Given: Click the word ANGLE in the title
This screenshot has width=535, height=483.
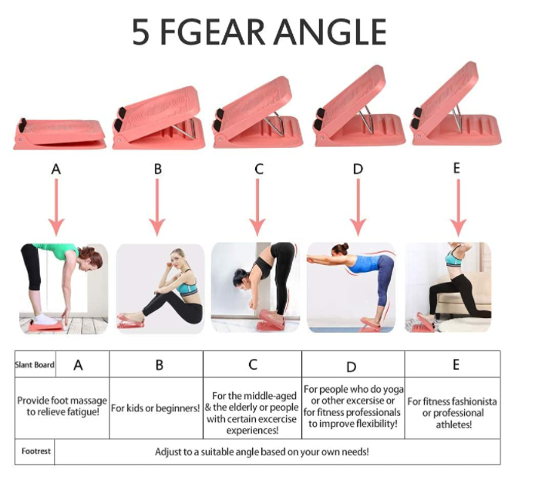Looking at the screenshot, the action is tap(330, 32).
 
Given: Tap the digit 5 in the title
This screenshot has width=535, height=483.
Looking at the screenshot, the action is tap(140, 32).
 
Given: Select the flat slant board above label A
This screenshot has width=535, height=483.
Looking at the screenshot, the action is tap(59, 134).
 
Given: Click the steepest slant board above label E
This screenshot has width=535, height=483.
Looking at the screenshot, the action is tap(456, 105).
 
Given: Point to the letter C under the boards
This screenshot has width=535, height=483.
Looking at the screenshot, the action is tap(259, 169).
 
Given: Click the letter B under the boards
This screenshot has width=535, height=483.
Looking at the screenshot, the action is tap(157, 169).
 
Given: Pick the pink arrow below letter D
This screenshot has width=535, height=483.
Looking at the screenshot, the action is tap(358, 207).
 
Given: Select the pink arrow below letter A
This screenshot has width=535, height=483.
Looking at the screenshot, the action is tap(56, 207).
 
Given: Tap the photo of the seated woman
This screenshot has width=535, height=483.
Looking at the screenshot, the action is tap(160, 288).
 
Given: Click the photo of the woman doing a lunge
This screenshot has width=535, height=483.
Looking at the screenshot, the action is tap(448, 287).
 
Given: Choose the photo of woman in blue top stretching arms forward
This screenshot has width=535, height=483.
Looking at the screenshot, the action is tap(351, 287).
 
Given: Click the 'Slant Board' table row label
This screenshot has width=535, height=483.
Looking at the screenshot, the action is tap(35, 364).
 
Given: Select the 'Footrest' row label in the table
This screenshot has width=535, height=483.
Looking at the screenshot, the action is tap(35, 451).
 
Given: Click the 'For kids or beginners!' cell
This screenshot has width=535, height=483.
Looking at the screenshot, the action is tap(156, 408).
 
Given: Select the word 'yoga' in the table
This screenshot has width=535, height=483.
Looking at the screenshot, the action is tap(393, 390).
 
